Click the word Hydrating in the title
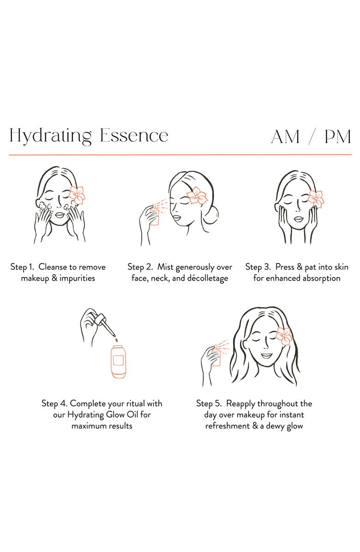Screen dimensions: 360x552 click(x=50, y=136)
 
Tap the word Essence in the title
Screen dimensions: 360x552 click(x=134, y=136)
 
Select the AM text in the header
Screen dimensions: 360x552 click(x=285, y=137)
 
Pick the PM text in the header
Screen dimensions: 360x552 click(x=337, y=137)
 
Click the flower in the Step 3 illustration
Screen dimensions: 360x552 click(x=316, y=198)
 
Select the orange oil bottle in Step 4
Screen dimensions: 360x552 click(x=118, y=361)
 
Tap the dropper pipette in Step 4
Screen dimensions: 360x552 click(x=106, y=324)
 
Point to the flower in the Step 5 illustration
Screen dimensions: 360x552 click(x=284, y=336)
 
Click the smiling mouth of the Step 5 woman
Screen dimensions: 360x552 click(x=266, y=355)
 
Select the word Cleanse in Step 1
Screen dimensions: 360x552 click(x=53, y=267)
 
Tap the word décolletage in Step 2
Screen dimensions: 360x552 click(x=208, y=278)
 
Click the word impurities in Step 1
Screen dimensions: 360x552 click(x=77, y=278)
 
